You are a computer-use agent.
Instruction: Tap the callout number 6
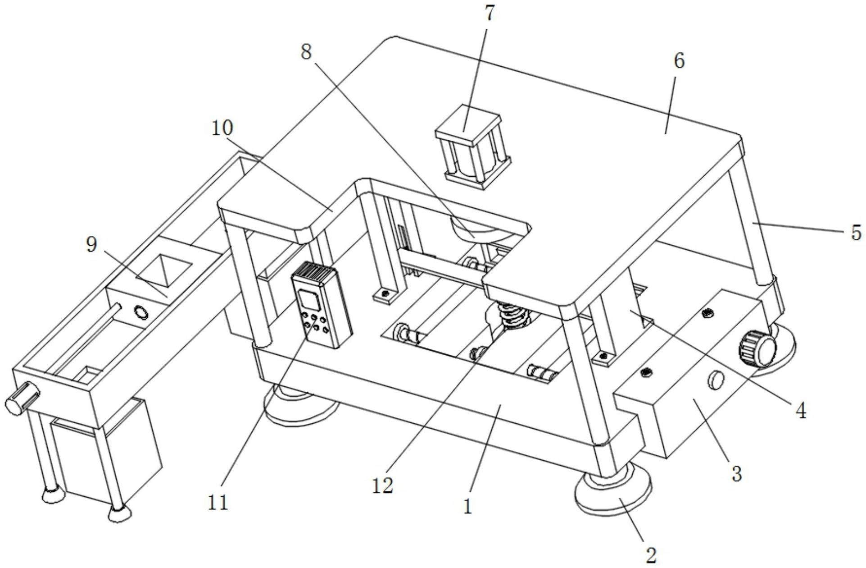pyautogui.click(x=679, y=61)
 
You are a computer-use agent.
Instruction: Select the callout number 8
pyautogui.click(x=306, y=53)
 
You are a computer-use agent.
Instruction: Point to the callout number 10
pyautogui.click(x=222, y=128)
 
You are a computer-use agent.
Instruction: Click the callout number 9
pyautogui.click(x=92, y=245)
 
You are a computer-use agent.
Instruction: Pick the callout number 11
pyautogui.click(x=218, y=502)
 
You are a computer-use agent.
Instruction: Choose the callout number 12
pyautogui.click(x=383, y=485)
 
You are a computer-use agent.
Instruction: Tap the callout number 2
pyautogui.click(x=651, y=555)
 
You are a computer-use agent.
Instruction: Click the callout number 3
pyautogui.click(x=736, y=474)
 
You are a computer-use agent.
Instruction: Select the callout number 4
pyautogui.click(x=800, y=411)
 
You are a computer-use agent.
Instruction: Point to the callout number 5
pyautogui.click(x=856, y=233)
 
